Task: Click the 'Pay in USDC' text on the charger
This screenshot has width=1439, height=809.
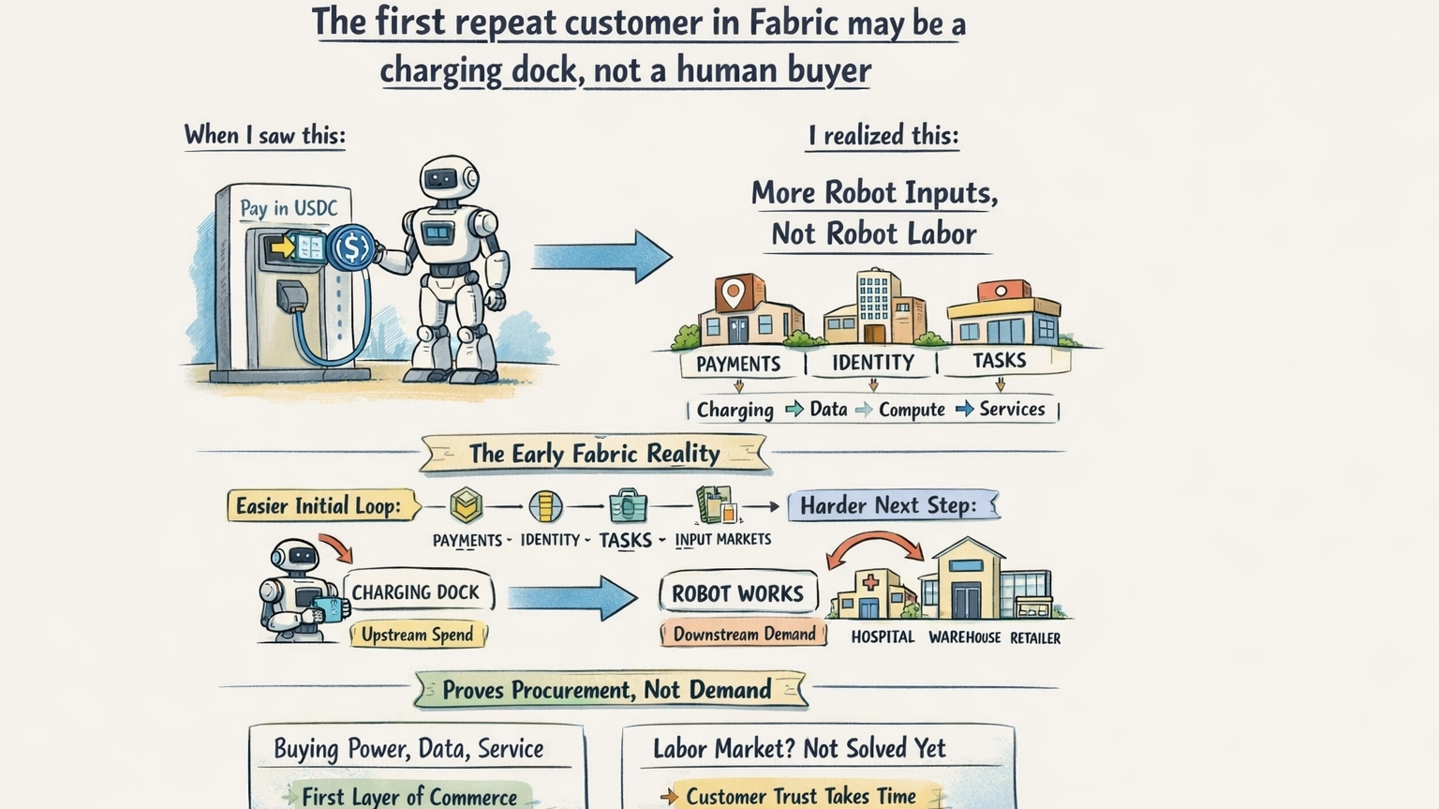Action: pyautogui.click(x=289, y=208)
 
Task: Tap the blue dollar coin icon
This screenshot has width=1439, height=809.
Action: pyautogui.click(x=353, y=247)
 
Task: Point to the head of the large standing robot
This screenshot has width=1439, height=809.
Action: pyautogui.click(x=449, y=178)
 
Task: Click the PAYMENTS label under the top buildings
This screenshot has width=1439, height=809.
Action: pyautogui.click(x=738, y=364)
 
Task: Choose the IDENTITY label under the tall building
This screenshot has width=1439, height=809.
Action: pyautogui.click(x=873, y=362)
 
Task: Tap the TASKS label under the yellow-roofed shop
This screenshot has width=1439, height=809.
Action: pyautogui.click(x=999, y=360)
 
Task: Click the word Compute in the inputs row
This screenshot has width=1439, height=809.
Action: pyautogui.click(x=912, y=410)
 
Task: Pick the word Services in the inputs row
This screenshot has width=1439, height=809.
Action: pyautogui.click(x=1012, y=409)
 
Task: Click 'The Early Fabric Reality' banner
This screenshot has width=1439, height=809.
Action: pyautogui.click(x=595, y=454)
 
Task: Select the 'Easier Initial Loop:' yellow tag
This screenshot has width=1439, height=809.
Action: pyautogui.click(x=319, y=506)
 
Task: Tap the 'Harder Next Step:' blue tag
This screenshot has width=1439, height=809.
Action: pyautogui.click(x=888, y=505)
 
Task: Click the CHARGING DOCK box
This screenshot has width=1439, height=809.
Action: pyautogui.click(x=415, y=592)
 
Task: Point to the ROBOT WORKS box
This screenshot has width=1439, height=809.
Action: pyautogui.click(x=737, y=593)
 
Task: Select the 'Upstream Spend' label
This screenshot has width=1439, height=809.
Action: pyautogui.click(x=418, y=635)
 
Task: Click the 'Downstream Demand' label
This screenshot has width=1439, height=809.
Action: pyautogui.click(x=744, y=634)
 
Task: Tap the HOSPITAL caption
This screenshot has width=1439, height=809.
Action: pyautogui.click(x=883, y=637)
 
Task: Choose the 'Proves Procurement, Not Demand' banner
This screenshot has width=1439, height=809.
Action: pyautogui.click(x=607, y=690)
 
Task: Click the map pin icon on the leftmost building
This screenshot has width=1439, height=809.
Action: pyautogui.click(x=733, y=293)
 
